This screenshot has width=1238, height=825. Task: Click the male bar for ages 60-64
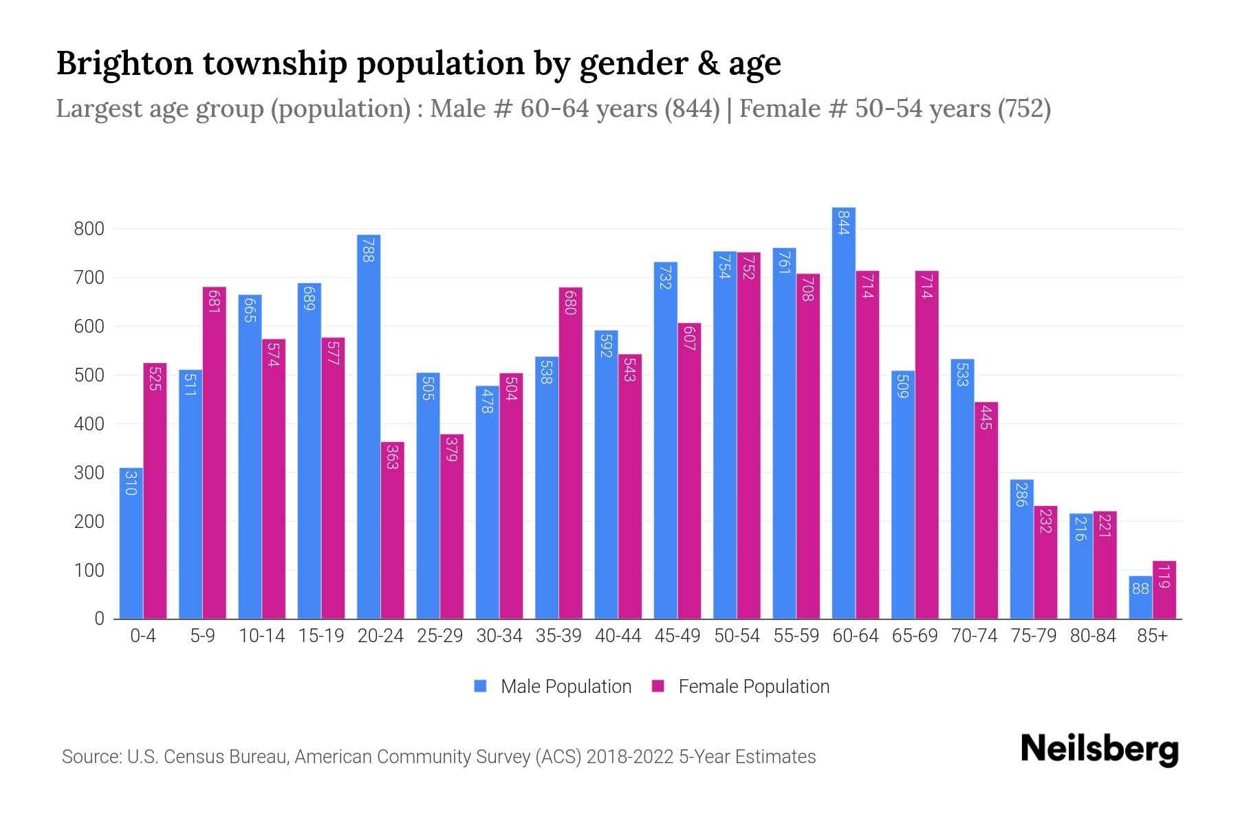(843, 412)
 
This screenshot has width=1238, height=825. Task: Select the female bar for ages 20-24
(393, 530)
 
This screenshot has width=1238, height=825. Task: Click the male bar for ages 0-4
(131, 543)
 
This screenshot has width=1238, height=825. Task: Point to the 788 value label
(369, 250)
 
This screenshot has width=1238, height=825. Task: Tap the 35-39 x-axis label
(558, 636)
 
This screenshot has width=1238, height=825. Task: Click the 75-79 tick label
(1033, 636)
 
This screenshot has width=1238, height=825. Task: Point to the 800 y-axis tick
(89, 229)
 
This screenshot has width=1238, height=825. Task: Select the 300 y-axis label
(89, 473)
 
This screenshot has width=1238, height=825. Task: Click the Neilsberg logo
(1099, 749)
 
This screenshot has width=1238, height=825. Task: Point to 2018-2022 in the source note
(629, 757)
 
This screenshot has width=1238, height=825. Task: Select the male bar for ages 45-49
(665, 440)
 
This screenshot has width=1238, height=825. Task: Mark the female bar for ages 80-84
(1105, 564)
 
